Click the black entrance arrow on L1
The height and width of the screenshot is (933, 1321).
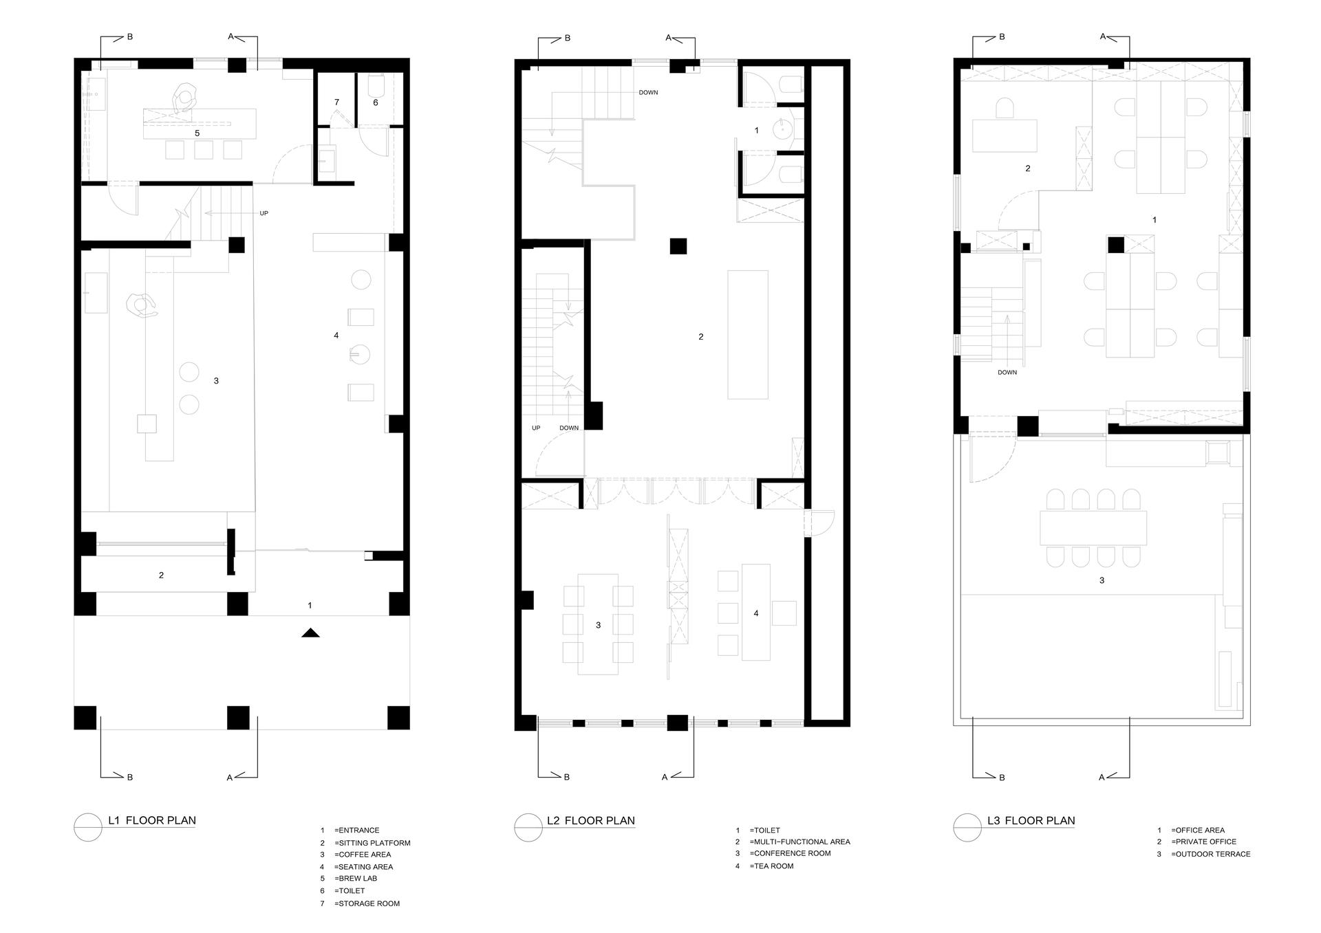point(311,633)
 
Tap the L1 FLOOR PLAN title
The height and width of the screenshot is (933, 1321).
point(151,820)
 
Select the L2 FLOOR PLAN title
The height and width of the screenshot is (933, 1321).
point(591,820)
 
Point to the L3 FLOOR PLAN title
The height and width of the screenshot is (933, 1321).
point(1031,820)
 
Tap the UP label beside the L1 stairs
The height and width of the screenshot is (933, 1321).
point(264,213)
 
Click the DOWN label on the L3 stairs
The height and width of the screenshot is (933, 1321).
point(1007,373)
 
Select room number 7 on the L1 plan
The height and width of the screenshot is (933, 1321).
point(336,102)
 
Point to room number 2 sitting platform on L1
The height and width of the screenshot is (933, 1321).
point(161,575)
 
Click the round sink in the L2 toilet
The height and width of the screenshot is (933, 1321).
point(783,129)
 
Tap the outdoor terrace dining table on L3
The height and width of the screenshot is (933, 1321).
point(1093,528)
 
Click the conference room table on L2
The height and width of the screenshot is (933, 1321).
point(598,624)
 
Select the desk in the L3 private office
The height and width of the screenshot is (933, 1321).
point(1005,135)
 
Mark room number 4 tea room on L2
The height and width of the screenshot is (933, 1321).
point(756,613)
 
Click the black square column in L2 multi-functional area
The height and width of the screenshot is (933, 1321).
point(678,245)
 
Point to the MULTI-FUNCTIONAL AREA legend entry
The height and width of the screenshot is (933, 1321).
point(799,842)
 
